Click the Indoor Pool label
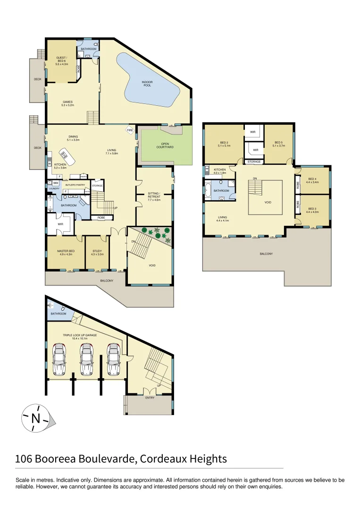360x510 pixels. (147, 84)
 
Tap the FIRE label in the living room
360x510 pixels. (129, 130)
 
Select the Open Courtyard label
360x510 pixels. (165, 145)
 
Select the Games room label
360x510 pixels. (68, 103)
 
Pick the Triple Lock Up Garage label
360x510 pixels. (80, 337)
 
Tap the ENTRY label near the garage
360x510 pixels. (150, 398)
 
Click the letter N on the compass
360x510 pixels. (35, 418)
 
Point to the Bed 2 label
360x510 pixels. (224, 144)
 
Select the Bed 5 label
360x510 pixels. (279, 144)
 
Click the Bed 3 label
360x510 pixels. (312, 210)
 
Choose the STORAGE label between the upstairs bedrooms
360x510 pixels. (254, 162)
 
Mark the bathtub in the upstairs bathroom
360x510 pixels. (208, 191)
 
